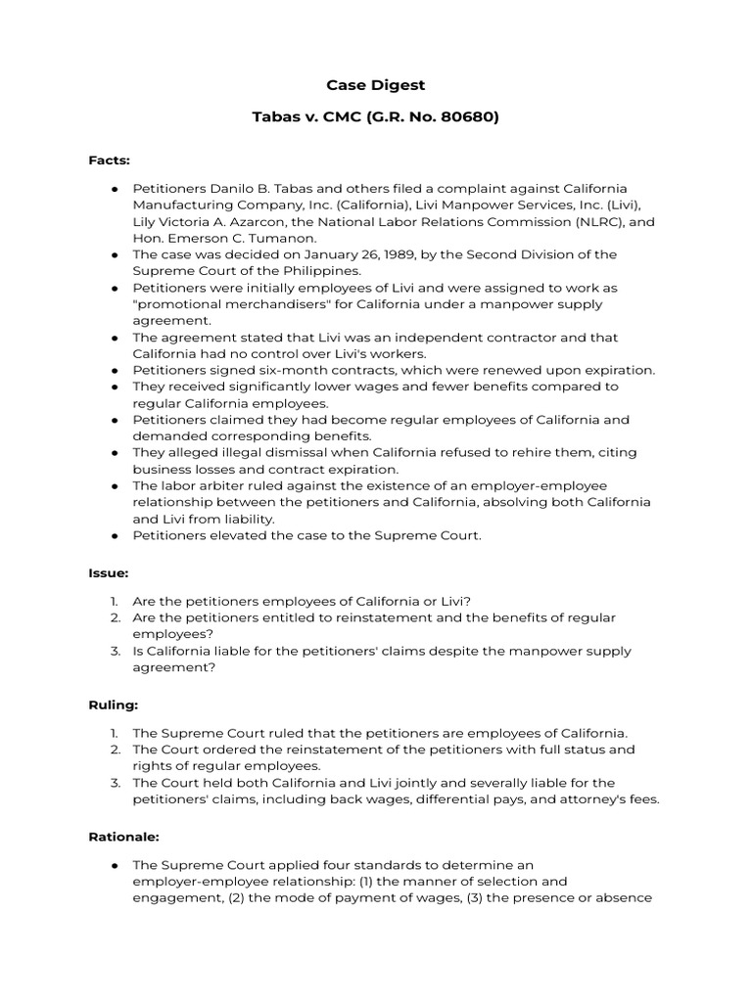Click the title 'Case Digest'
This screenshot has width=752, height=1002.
pyautogui.click(x=376, y=85)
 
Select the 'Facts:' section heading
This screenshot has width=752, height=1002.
pyautogui.click(x=109, y=159)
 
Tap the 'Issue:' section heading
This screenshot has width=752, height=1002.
pyautogui.click(x=109, y=572)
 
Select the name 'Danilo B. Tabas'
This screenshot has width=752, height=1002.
pyautogui.click(x=259, y=188)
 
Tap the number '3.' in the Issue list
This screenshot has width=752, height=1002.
pyautogui.click(x=115, y=651)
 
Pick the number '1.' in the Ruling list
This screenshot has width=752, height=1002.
pyautogui.click(x=115, y=733)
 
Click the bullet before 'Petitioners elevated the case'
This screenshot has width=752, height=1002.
pyautogui.click(x=115, y=535)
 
